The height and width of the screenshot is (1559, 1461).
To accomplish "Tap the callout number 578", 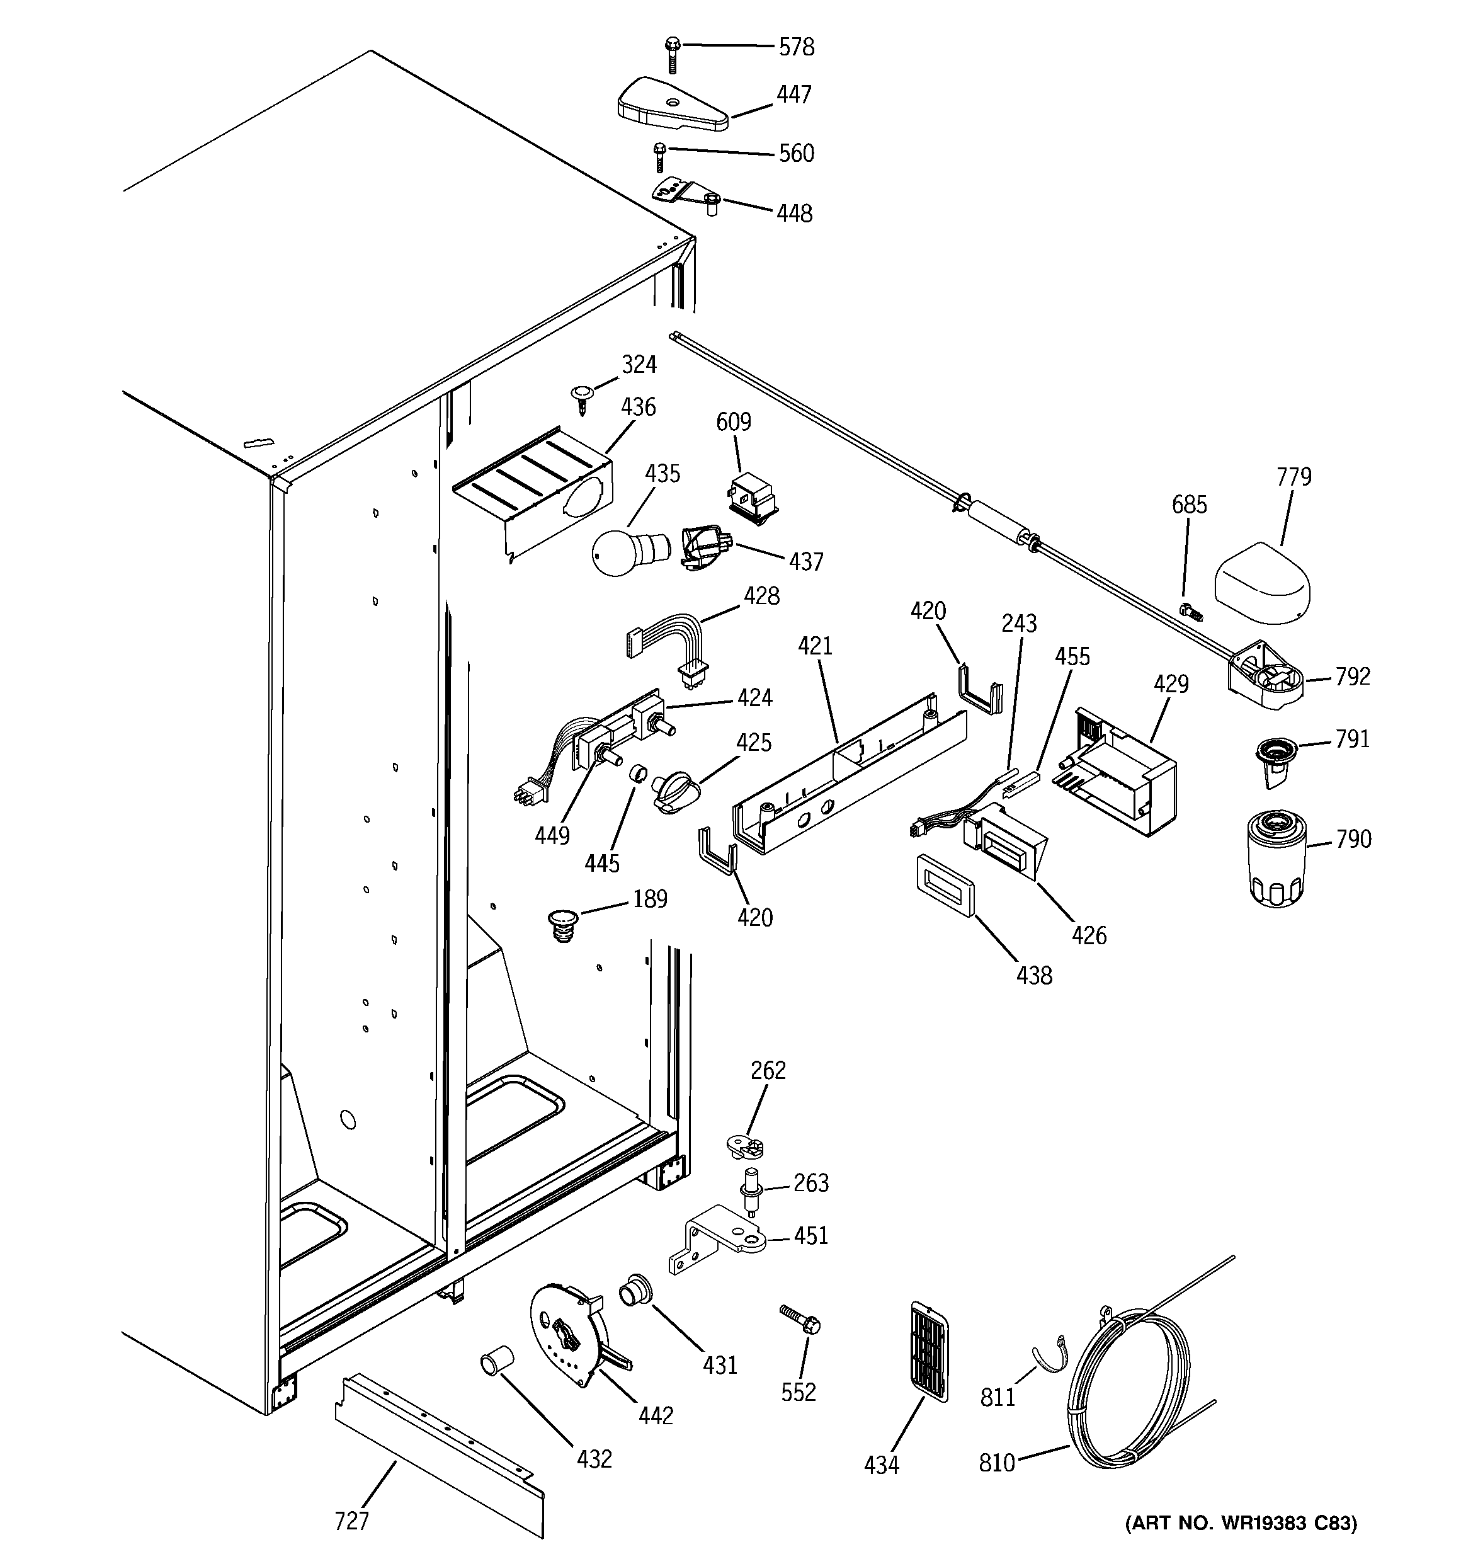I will coord(796,47).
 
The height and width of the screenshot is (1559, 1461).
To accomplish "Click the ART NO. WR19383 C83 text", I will coord(1241,1523).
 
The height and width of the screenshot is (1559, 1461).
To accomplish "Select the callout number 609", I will coord(733,422).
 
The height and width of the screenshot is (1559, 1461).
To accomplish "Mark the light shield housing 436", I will coord(533,494).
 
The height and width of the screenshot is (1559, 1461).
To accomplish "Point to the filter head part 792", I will coord(1265,676).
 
